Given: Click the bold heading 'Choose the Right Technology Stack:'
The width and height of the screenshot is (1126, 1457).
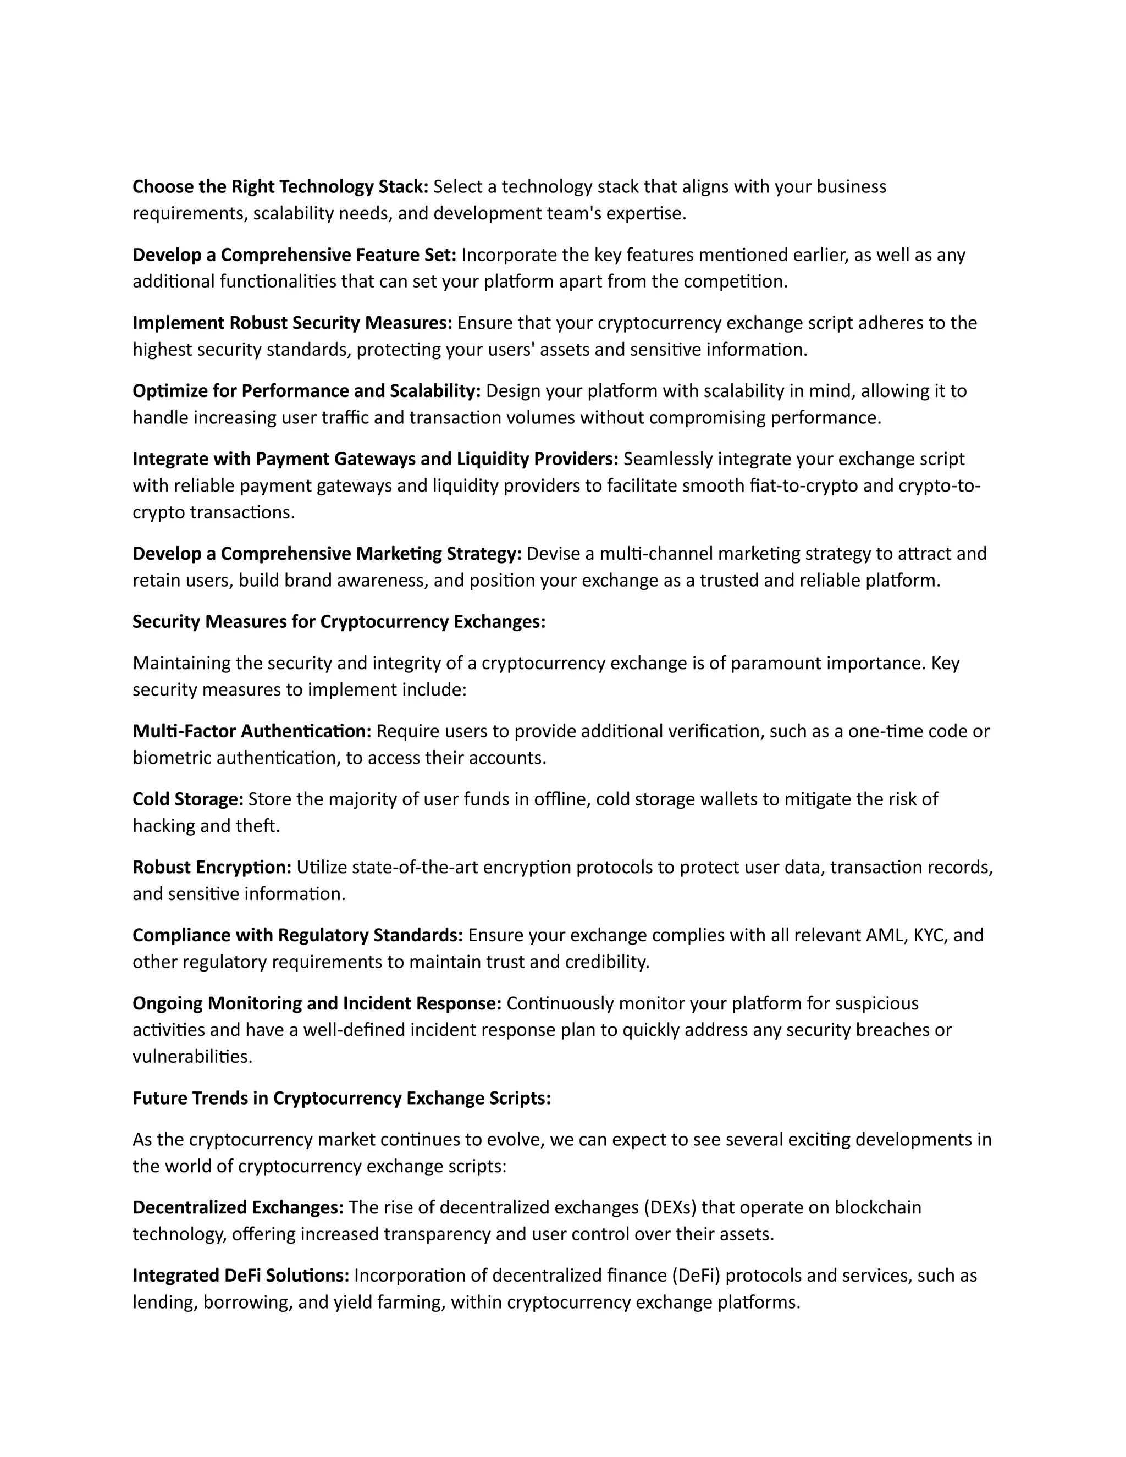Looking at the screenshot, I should (x=280, y=187).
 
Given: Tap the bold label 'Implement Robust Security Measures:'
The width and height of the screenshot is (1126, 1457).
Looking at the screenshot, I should (x=292, y=323).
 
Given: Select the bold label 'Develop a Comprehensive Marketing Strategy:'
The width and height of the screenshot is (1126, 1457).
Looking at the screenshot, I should (x=327, y=554).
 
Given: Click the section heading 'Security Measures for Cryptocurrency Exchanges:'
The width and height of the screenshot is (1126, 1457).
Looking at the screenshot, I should (x=339, y=622).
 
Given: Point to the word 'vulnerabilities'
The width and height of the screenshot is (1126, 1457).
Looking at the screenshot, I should (x=191, y=1057).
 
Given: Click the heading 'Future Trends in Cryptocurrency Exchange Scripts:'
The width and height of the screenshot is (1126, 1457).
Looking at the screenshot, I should (x=341, y=1098).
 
